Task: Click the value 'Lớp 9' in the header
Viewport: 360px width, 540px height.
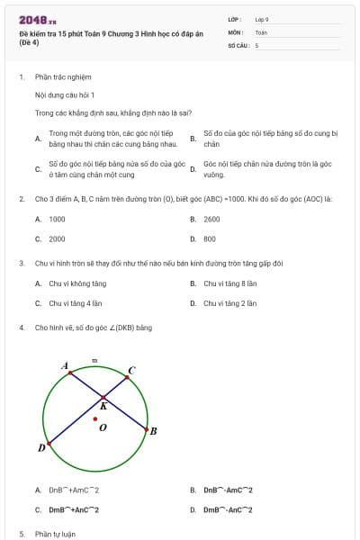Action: pos(262,18)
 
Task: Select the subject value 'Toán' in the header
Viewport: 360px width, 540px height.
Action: pos(261,31)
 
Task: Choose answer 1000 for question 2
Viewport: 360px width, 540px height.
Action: pos(57,219)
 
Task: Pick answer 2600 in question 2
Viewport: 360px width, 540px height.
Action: pos(211,219)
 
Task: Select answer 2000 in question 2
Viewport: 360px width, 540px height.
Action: pos(57,238)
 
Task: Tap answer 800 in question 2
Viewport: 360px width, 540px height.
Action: pos(210,238)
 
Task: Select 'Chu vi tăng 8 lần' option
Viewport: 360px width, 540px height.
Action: pos(230,283)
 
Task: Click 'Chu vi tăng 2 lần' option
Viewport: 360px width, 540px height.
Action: pos(229,303)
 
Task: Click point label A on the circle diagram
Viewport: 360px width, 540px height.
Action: pos(64,365)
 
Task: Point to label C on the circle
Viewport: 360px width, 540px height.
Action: pos(131,369)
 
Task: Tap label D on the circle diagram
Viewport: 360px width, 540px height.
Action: pos(41,447)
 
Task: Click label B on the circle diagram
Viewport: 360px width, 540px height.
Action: pos(153,431)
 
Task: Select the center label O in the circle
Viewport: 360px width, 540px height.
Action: pos(103,427)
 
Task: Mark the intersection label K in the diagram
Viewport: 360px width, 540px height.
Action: pos(103,406)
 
